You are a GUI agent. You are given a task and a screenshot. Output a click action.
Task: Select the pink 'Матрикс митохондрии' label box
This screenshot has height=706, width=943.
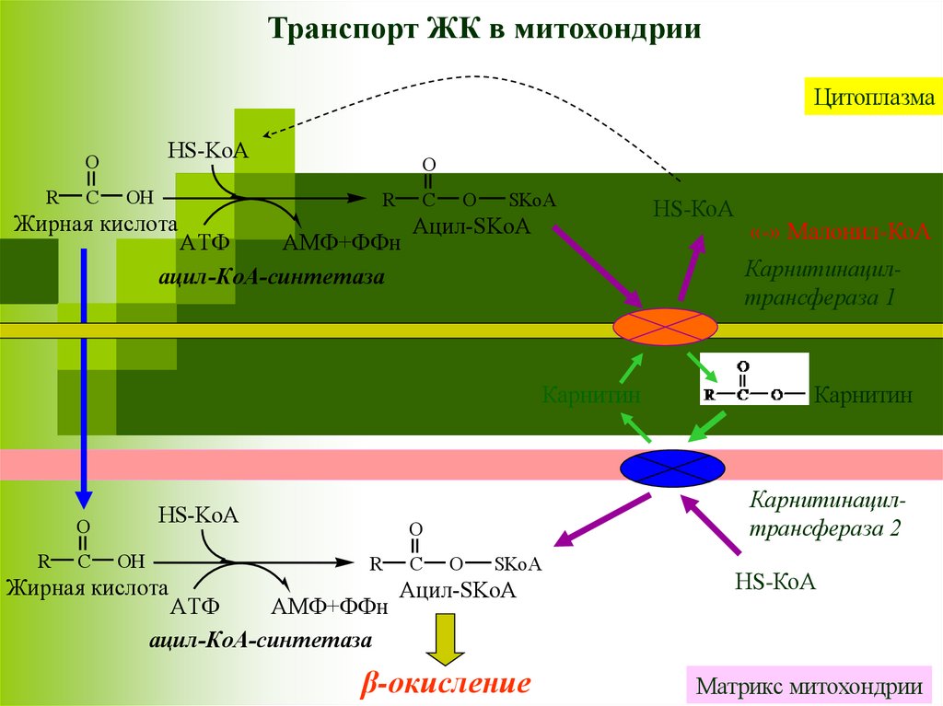click(809, 686)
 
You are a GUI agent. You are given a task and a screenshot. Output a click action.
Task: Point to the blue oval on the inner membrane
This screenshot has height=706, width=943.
click(671, 468)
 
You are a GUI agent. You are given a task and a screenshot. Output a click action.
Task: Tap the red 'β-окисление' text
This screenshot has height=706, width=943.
click(446, 684)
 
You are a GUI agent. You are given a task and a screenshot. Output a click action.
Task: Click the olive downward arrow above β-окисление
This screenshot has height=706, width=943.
click(446, 637)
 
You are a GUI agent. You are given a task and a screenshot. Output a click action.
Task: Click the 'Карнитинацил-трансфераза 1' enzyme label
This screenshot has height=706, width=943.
click(820, 284)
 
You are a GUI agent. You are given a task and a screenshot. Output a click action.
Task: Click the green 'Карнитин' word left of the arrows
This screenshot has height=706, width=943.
click(591, 396)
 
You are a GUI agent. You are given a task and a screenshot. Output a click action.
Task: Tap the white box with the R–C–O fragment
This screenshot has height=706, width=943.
click(753, 379)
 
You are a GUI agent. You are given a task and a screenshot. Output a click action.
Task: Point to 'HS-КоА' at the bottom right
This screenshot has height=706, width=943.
click(775, 582)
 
